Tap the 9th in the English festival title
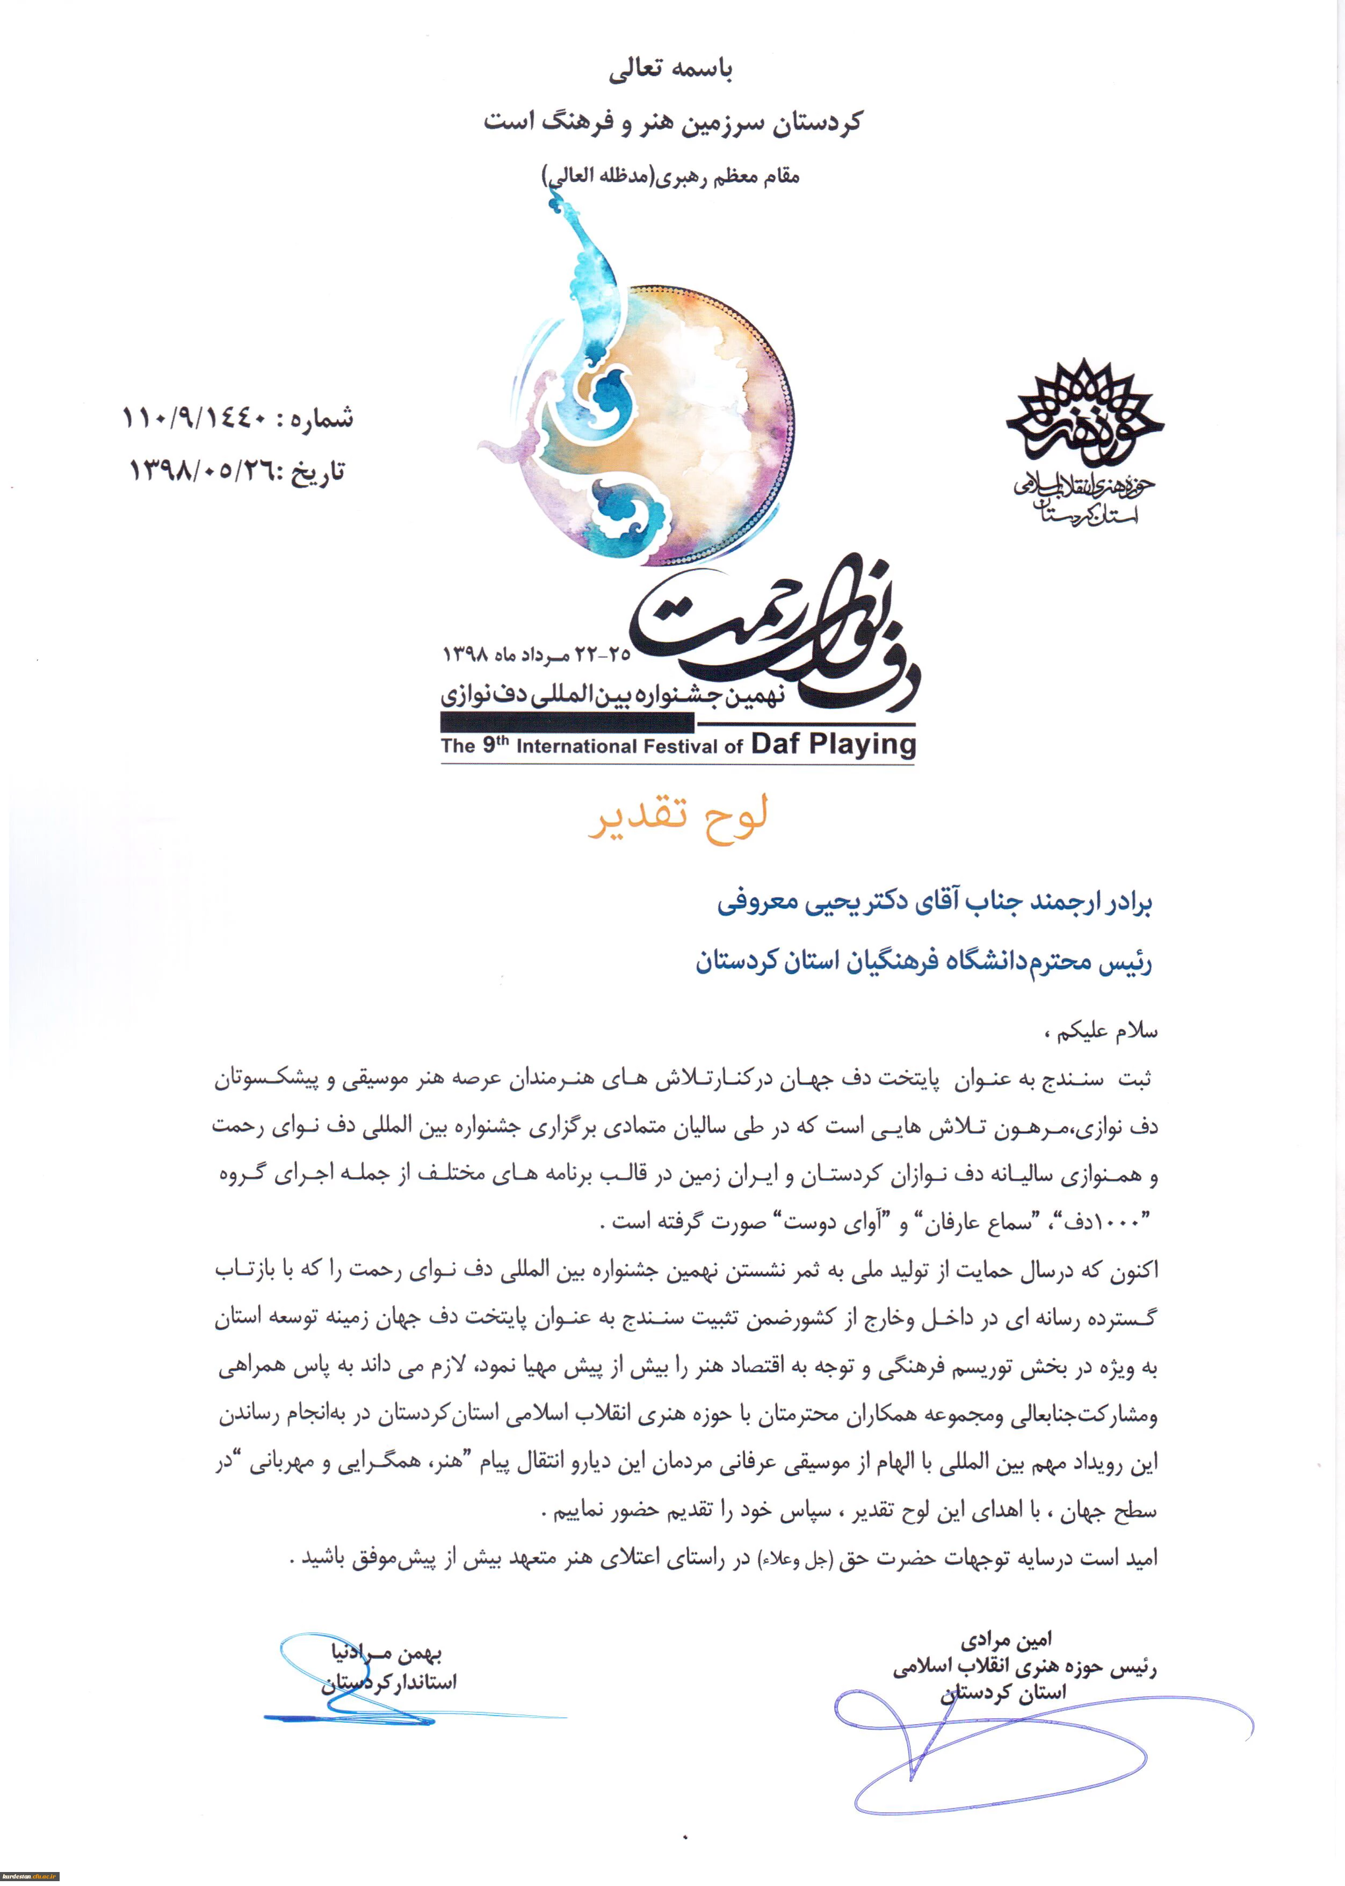495,744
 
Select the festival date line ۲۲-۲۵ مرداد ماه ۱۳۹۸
536,654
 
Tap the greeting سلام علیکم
1105,1031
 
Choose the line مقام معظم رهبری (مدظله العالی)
671,176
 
